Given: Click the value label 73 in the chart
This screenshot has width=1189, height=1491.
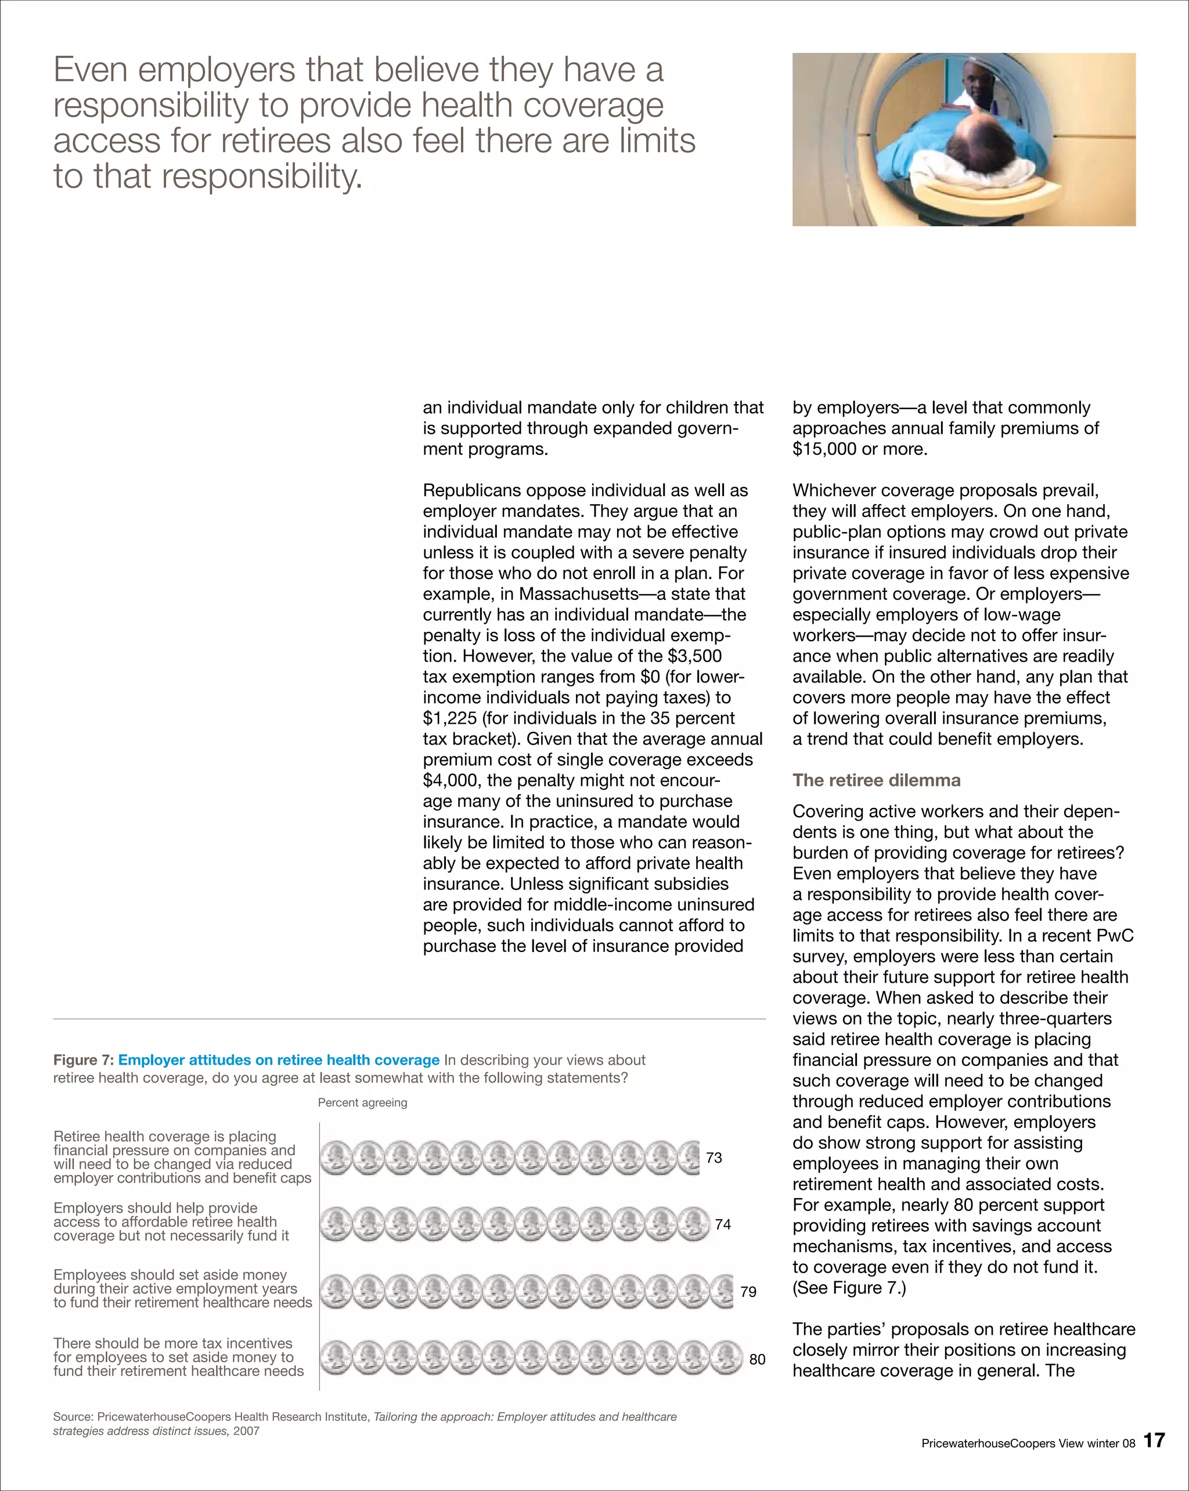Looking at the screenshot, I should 714,1158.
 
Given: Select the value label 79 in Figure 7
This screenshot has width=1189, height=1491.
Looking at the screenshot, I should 748,1292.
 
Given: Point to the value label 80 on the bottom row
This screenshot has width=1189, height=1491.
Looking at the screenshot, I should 757,1360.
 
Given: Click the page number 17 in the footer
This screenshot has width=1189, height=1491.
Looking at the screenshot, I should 1154,1440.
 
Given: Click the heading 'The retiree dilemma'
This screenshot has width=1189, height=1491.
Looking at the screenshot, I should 876,780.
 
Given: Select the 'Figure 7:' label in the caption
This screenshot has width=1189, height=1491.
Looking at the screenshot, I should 84,1060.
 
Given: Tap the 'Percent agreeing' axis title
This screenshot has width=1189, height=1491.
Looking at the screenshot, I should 362,1102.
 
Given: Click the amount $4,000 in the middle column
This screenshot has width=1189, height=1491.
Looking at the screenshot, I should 452,780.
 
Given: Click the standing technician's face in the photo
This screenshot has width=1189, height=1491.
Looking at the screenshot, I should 975,84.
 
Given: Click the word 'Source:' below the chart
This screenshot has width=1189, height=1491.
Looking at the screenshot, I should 73,1416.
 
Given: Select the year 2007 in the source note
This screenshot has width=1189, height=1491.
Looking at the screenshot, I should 246,1431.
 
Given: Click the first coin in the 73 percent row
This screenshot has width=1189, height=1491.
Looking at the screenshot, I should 336,1158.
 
